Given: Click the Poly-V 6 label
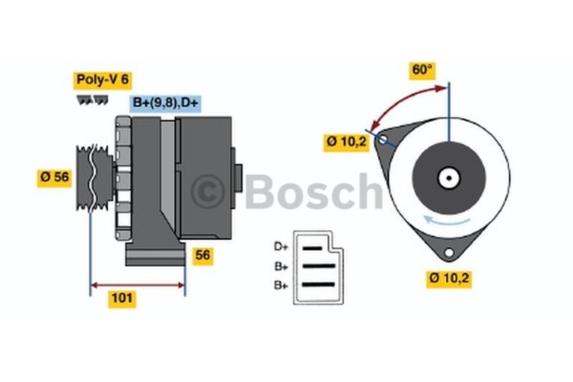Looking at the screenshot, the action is (x=102, y=80).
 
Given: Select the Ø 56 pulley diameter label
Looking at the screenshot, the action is (x=55, y=177).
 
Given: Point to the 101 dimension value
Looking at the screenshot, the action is (x=122, y=298).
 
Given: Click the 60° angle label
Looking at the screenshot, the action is (x=422, y=70).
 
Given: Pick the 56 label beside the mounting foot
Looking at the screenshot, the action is (x=203, y=255).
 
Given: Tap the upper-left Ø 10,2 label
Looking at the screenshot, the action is (x=346, y=141).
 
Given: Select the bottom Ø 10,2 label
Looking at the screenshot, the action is (x=449, y=278).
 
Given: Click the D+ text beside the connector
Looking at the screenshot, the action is (x=281, y=247).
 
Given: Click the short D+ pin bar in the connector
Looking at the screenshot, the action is (x=312, y=249).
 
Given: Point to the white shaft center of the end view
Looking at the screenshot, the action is (x=449, y=178).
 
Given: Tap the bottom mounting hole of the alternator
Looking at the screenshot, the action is (x=449, y=252).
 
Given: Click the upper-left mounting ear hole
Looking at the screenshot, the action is (x=382, y=139).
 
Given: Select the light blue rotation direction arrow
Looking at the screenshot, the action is (x=446, y=221).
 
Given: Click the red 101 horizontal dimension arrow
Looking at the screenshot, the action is (x=138, y=285).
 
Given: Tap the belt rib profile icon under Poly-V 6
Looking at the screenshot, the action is (x=93, y=100).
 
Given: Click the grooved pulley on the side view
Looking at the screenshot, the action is (x=95, y=178).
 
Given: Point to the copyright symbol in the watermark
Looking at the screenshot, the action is (x=208, y=191).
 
